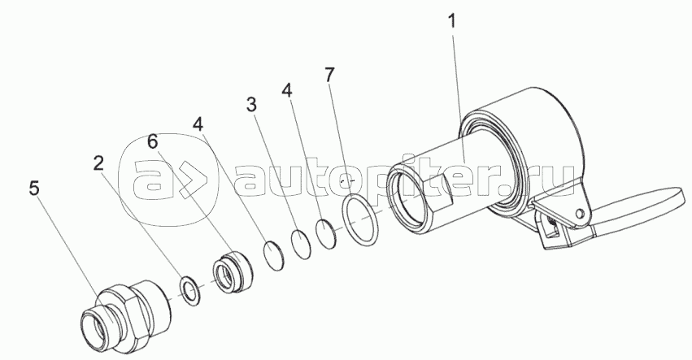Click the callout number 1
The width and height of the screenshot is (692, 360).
tap(452, 22)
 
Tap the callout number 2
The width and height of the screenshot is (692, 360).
tap(98, 163)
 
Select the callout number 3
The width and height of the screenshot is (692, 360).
tap(251, 105)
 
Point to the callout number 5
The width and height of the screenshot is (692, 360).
tap(34, 189)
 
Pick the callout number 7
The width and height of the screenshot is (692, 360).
tap(329, 75)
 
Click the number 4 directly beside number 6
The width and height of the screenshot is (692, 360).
tap(198, 125)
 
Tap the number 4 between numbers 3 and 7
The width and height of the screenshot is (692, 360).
tap(286, 90)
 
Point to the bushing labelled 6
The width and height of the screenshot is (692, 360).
tap(233, 270)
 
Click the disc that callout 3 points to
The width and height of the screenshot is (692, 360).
tap(302, 244)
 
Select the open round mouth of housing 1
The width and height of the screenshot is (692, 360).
tap(407, 197)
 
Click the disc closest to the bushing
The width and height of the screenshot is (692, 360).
tap(274, 255)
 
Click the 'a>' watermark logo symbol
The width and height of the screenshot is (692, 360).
tap(169, 181)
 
